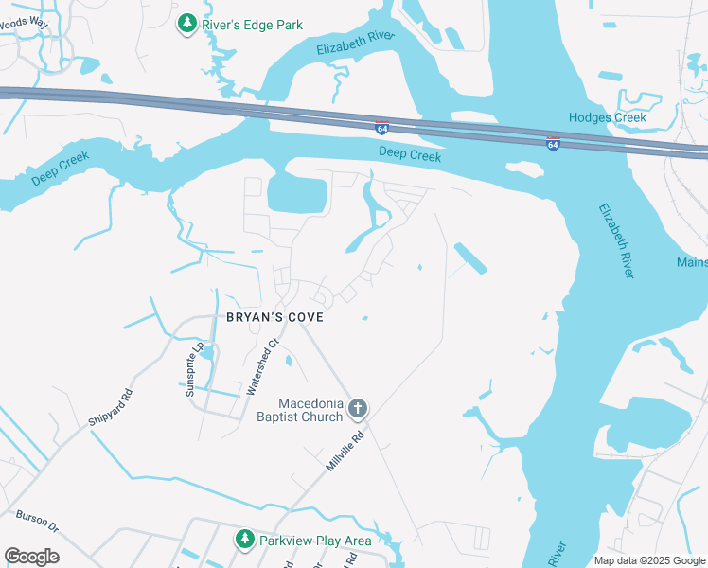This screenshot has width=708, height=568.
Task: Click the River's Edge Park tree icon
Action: [187, 23]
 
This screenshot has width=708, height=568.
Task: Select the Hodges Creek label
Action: [608, 117]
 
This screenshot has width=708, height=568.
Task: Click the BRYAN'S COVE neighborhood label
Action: [274, 317]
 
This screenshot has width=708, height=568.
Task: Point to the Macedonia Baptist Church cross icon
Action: [357, 409]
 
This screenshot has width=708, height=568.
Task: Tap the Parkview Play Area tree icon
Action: [245, 540]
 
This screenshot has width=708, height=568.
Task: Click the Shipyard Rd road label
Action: [113, 407]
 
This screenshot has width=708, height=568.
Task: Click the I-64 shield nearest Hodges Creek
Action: [553, 143]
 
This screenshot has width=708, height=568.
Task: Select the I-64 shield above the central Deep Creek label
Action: [381, 128]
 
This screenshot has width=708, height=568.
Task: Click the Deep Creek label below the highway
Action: [410, 154]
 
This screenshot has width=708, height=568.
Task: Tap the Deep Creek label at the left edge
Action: [60, 169]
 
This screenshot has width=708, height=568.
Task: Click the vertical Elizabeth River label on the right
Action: [615, 240]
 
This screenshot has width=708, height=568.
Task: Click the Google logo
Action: [31, 557]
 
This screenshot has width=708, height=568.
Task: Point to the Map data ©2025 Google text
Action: [649, 560]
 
